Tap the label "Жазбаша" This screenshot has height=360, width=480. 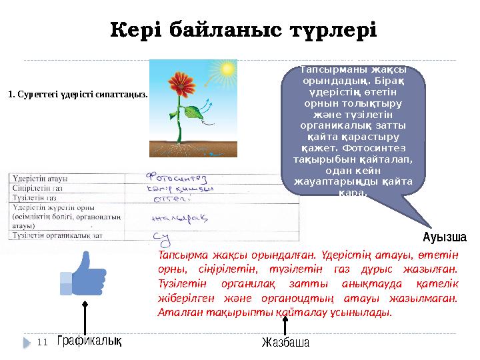click(285, 343)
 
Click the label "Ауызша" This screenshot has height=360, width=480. click(445, 237)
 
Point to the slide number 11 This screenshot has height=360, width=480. click(43, 342)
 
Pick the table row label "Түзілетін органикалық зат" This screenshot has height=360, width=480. click(57, 235)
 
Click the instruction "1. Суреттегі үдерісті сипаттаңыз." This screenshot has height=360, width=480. click(77, 94)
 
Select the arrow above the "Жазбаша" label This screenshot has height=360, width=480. click(285, 325)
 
